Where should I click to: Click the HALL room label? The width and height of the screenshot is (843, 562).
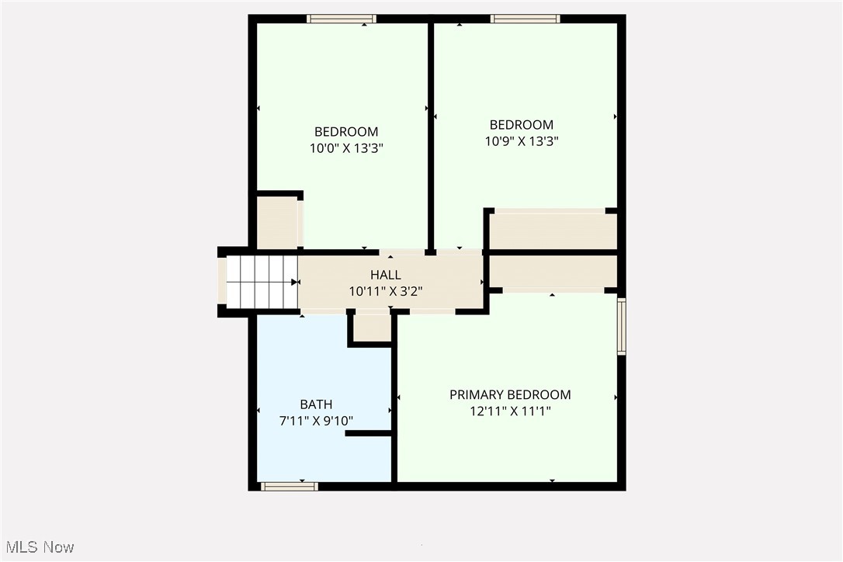pyautogui.click(x=385, y=275)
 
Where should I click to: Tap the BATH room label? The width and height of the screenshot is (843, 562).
pyautogui.click(x=316, y=404)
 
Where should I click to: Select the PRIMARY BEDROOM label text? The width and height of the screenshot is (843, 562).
pyautogui.click(x=510, y=394)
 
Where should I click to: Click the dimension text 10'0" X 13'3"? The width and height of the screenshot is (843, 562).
pyautogui.click(x=345, y=148)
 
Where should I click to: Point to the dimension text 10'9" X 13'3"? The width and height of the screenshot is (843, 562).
pyautogui.click(x=521, y=141)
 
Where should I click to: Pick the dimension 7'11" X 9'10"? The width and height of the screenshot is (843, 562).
pyautogui.click(x=316, y=421)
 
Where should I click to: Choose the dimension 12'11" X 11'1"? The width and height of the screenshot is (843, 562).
pyautogui.click(x=510, y=411)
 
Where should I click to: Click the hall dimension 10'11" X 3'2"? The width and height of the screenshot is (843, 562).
pyautogui.click(x=385, y=292)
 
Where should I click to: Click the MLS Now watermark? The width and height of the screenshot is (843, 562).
pyautogui.click(x=38, y=547)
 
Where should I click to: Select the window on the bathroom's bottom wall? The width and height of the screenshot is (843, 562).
pyautogui.click(x=289, y=487)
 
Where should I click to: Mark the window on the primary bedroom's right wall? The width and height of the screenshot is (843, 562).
pyautogui.click(x=621, y=327)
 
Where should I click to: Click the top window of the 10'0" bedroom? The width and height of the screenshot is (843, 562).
pyautogui.click(x=341, y=19)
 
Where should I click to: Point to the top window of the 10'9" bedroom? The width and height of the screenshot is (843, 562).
pyautogui.click(x=525, y=19)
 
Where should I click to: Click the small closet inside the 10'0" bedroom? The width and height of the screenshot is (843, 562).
pyautogui.click(x=277, y=223)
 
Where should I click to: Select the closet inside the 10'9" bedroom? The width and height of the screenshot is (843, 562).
pyautogui.click(x=553, y=231)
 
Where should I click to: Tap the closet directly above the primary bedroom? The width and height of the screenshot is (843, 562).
pyautogui.click(x=553, y=272)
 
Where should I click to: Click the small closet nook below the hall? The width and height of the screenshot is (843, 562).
pyautogui.click(x=372, y=327)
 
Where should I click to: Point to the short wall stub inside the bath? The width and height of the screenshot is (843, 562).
pyautogui.click(x=368, y=433)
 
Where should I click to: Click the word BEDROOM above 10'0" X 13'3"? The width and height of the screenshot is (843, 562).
pyautogui.click(x=345, y=132)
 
